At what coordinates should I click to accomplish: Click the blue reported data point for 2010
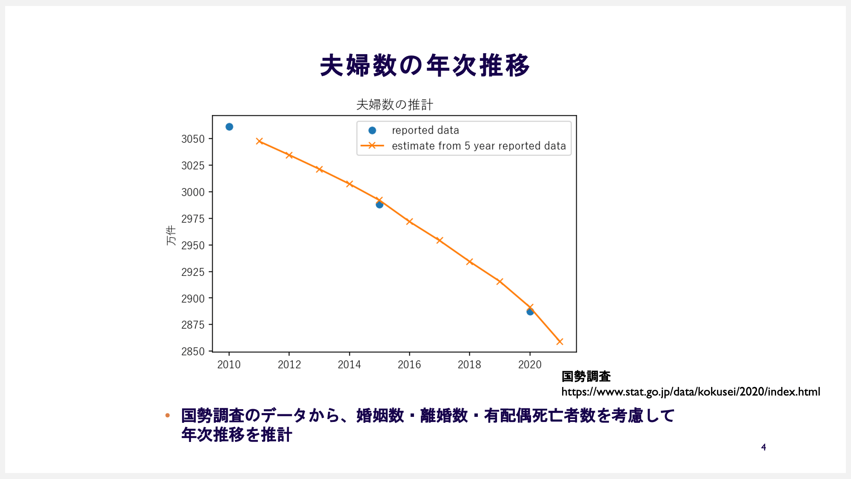coord(229,127)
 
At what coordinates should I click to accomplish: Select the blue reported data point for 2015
coord(380,205)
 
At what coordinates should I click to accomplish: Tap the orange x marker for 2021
coord(560,341)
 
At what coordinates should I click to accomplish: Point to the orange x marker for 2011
coord(260,141)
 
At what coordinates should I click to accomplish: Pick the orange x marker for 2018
coord(470,262)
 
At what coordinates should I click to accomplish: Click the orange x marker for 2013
coord(320,169)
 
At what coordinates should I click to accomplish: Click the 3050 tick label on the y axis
coord(193,139)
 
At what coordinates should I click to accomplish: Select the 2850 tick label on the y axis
coord(193,352)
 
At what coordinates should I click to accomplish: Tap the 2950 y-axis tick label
coord(193,246)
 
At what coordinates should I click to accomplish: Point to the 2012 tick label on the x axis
coord(289,365)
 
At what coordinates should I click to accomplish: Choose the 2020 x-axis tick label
coord(530,365)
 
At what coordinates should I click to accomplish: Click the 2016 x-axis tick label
coord(409,365)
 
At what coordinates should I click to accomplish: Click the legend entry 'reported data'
coord(425,130)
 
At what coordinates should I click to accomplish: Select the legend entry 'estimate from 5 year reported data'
coord(479,146)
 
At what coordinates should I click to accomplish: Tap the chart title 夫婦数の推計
coord(394,105)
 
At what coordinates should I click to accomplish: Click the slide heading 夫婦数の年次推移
coord(425,66)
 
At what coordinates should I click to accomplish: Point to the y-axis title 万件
coord(171,235)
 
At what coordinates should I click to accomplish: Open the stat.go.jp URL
coord(691,392)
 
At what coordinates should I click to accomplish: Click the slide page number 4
coord(764,447)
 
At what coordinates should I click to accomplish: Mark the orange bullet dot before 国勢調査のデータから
coord(168,415)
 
